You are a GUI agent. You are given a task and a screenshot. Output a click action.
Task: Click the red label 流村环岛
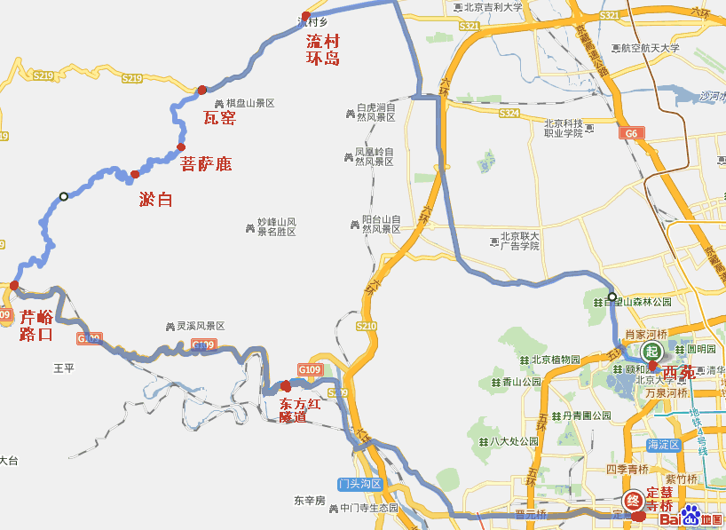coord(324,50)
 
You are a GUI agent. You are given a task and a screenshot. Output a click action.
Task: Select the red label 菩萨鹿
coord(206,164)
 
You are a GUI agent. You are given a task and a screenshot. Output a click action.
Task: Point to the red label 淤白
coord(156,200)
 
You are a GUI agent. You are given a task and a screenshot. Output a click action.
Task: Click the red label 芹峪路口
coord(36,326)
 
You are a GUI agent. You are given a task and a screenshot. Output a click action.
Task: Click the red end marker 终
coord(634,500)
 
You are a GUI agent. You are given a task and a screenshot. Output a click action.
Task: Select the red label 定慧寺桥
coord(664,499)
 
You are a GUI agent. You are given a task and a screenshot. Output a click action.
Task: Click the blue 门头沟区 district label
coord(359,484)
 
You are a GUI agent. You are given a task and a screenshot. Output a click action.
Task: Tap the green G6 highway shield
coord(631,133)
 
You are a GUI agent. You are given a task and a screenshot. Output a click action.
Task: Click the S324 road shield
coord(509,114)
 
